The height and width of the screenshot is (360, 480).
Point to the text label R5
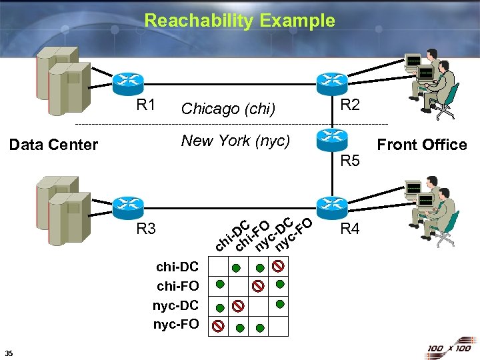click(x=350, y=161)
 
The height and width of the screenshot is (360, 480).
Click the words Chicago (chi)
click(x=228, y=108)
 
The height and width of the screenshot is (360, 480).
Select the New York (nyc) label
click(x=235, y=141)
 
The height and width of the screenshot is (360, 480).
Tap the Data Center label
click(x=53, y=145)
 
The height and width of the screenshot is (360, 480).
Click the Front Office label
click(x=422, y=145)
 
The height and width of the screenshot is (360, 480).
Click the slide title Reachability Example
click(x=239, y=21)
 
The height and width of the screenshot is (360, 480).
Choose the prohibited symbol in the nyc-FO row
click(x=218, y=326)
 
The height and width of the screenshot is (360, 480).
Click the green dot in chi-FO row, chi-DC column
click(x=219, y=284)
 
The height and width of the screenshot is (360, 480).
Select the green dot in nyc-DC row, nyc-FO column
click(x=280, y=304)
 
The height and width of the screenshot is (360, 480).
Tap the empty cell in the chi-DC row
click(x=219, y=267)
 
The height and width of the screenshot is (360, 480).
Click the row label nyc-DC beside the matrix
click(x=176, y=305)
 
